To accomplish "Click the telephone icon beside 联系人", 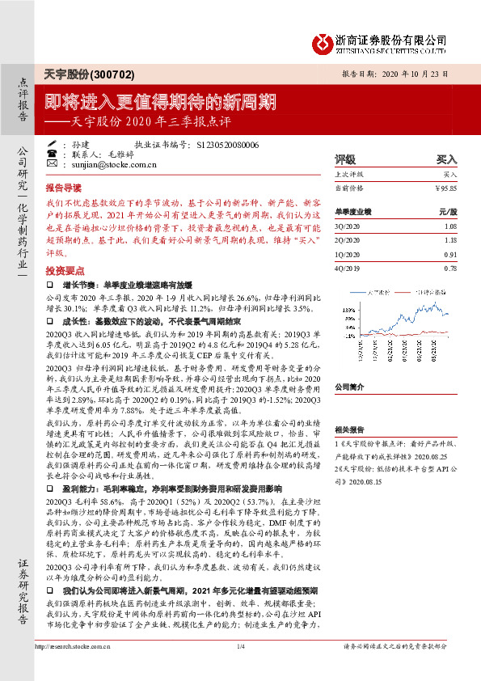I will [52, 154].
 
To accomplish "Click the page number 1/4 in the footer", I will [240, 668].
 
